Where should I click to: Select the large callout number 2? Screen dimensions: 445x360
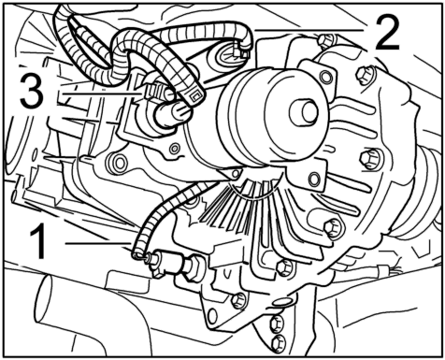point(386,33)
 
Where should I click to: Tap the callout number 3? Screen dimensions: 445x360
point(32,92)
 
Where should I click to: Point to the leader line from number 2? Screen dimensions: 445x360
point(309,31)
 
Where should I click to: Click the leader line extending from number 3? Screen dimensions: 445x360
point(102,94)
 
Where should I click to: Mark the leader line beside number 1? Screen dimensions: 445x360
point(98,243)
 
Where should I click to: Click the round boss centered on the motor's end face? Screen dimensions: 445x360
point(303,112)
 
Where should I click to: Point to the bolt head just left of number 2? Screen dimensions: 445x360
point(326,41)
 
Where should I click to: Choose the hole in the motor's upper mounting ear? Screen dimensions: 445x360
point(326,77)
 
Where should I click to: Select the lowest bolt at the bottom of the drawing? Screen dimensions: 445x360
point(278,343)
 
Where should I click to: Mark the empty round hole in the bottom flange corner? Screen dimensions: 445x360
point(212,315)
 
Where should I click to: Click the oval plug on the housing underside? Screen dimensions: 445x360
point(282,302)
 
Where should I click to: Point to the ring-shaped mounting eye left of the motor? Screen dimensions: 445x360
point(119,162)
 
